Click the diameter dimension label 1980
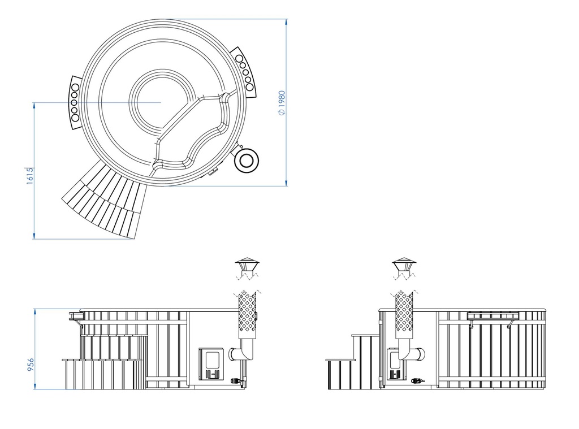[282, 103]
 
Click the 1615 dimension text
[31, 176]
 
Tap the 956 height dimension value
[31, 365]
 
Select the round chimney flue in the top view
[247, 161]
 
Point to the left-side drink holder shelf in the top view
[75, 103]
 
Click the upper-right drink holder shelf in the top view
[244, 72]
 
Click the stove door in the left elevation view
[212, 363]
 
